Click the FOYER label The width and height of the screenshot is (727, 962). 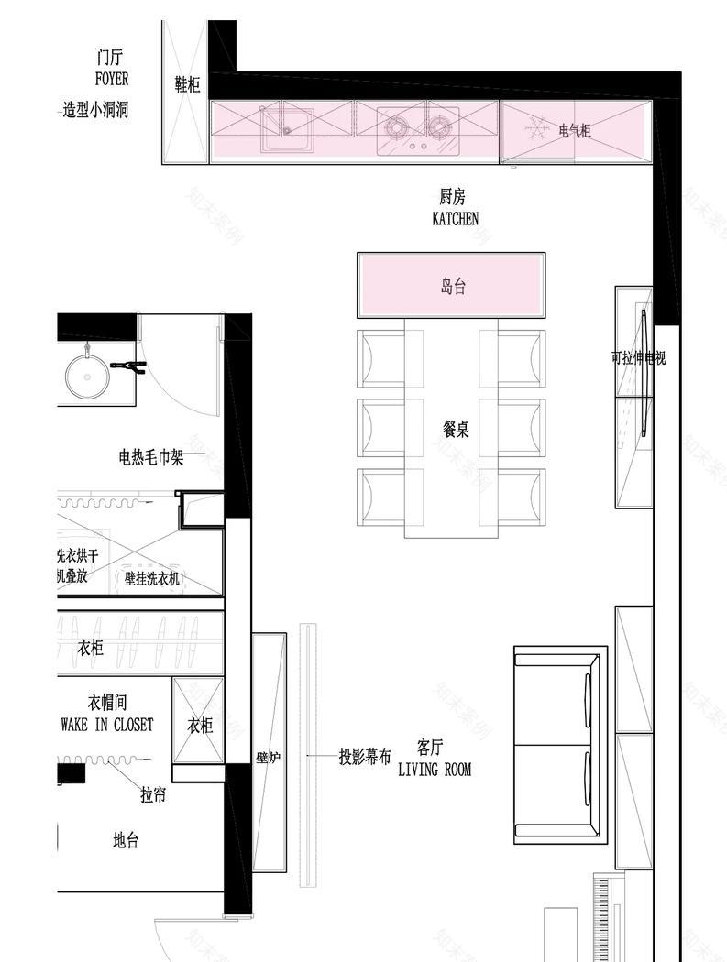(x=112, y=79)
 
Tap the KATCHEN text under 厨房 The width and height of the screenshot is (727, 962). (x=455, y=218)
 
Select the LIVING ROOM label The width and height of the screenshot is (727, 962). (x=435, y=770)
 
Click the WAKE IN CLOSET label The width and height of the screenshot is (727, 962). (x=107, y=725)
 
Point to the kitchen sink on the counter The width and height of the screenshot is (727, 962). (x=287, y=131)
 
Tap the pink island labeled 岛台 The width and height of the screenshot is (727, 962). (x=453, y=286)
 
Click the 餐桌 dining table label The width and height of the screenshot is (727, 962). (x=456, y=429)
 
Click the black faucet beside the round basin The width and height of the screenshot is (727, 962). (x=128, y=366)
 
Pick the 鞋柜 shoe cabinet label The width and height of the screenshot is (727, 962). (x=187, y=85)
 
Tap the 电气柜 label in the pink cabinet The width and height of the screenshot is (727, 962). (x=575, y=131)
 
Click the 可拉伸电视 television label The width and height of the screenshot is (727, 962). (x=638, y=358)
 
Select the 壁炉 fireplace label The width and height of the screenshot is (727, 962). (x=268, y=758)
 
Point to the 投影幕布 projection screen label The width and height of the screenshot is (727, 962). (x=365, y=757)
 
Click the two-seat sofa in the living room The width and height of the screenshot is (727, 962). (x=559, y=744)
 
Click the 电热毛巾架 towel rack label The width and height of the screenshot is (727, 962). (x=151, y=456)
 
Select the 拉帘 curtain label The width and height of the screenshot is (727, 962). (x=153, y=795)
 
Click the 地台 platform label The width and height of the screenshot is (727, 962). (x=126, y=840)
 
